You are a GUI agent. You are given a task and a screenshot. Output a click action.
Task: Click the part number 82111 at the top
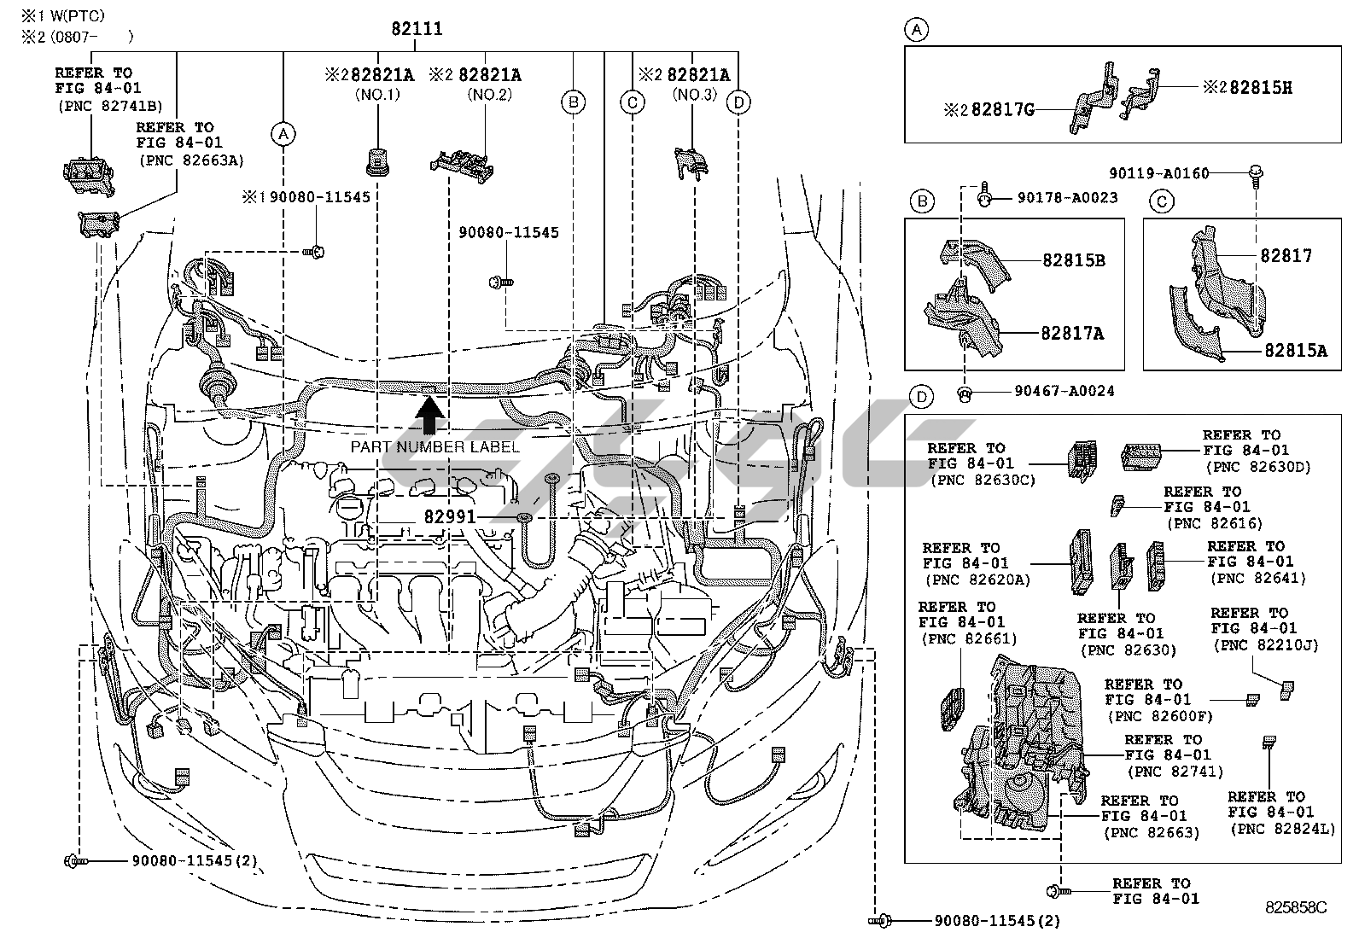[x=417, y=29]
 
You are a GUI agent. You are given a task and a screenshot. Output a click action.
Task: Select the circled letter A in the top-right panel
[x=916, y=31]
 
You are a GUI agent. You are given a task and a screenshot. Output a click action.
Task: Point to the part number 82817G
[x=993, y=110]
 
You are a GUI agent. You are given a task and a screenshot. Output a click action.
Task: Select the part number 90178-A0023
[x=1067, y=197]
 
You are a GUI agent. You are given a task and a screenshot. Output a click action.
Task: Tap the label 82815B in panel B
[x=1073, y=260]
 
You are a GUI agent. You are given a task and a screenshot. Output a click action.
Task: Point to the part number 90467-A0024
[x=1064, y=391]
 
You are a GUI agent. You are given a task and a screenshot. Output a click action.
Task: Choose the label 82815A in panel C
[x=1295, y=349]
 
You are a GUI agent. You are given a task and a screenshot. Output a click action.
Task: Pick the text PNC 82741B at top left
[x=110, y=106]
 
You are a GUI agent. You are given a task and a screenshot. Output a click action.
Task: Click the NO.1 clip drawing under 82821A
[x=376, y=160]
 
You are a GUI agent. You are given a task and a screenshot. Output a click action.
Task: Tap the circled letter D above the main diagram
[x=738, y=103]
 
